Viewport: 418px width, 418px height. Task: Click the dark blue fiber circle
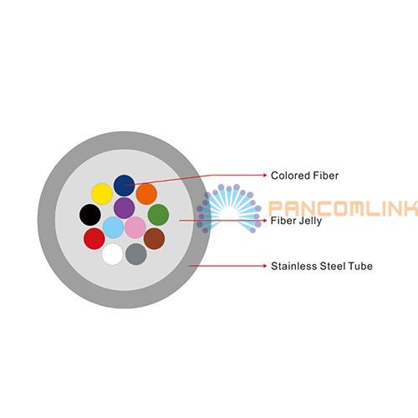(x=125, y=186)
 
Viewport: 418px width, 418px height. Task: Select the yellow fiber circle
(x=102, y=194)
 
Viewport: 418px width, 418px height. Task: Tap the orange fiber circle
(x=146, y=194)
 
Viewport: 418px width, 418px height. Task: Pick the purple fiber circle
(x=125, y=208)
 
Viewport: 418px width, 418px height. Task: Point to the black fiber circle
(x=90, y=215)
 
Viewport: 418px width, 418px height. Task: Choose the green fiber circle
(x=158, y=215)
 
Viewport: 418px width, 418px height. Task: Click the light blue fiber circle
(x=113, y=227)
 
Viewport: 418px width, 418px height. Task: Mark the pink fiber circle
(x=135, y=227)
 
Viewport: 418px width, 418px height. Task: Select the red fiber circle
(x=94, y=238)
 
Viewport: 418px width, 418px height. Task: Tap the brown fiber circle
(x=154, y=238)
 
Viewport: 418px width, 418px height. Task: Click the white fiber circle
(x=112, y=254)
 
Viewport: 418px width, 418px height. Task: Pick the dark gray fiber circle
(x=136, y=254)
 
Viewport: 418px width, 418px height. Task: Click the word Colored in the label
(x=290, y=176)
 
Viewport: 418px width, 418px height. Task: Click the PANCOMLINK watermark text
(x=344, y=208)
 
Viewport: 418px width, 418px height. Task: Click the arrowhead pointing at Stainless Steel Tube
(x=265, y=266)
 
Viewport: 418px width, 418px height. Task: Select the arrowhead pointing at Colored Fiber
(x=265, y=175)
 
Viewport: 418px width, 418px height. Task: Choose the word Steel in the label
(x=333, y=266)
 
